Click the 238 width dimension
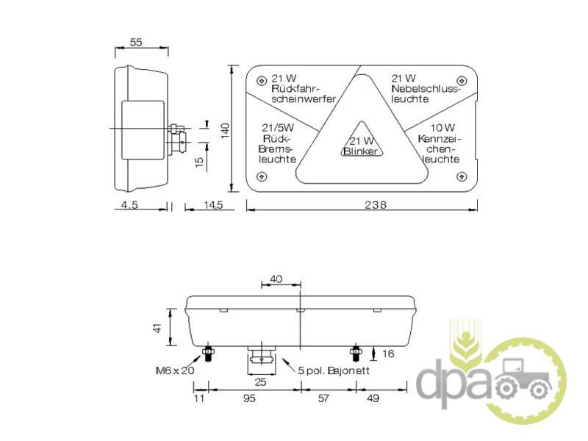point(376,205)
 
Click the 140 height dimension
point(225,131)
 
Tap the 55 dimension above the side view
point(136,42)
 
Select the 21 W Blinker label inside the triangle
point(361,146)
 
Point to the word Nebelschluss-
point(426,89)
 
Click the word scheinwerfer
point(304,99)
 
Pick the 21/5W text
point(278,128)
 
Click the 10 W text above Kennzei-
point(442,128)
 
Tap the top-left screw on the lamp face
point(261,81)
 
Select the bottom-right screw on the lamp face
point(462,176)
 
